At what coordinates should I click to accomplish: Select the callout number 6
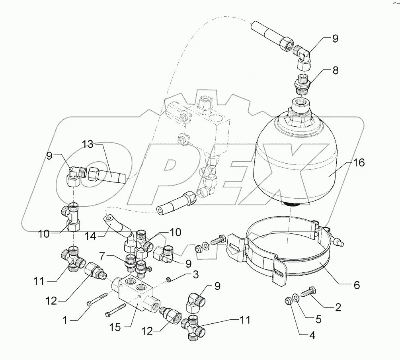(356, 285)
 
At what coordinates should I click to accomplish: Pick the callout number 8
(336, 71)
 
